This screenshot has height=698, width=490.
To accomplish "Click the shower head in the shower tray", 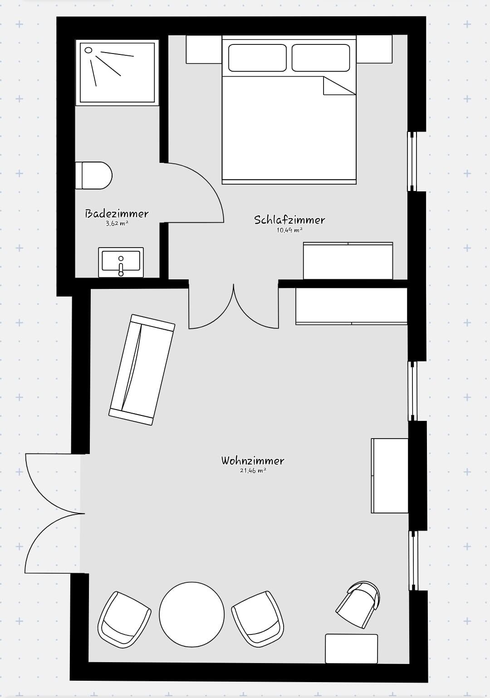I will tap(89, 50).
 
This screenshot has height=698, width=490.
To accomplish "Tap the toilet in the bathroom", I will tap(94, 175).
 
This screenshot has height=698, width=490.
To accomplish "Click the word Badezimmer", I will tap(117, 214).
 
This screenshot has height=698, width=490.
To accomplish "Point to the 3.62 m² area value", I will tap(117, 224).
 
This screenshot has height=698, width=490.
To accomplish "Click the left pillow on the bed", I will tap(257, 58).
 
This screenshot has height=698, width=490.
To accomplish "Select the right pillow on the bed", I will tap(321, 58).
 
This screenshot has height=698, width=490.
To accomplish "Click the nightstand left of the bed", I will tap(204, 49).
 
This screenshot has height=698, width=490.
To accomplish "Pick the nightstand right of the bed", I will tap(374, 49).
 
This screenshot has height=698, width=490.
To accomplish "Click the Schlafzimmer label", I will tap(289, 220).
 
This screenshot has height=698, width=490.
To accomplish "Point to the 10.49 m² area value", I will tap(289, 230).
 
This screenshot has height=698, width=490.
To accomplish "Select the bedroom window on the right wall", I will tap(412, 161).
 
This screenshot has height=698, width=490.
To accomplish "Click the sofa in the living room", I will tap(142, 370).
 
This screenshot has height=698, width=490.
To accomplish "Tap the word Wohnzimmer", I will tap(253, 461).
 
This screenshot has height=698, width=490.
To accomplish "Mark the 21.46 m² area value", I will tap(253, 471).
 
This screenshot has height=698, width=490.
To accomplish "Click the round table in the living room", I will tap(191, 615).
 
